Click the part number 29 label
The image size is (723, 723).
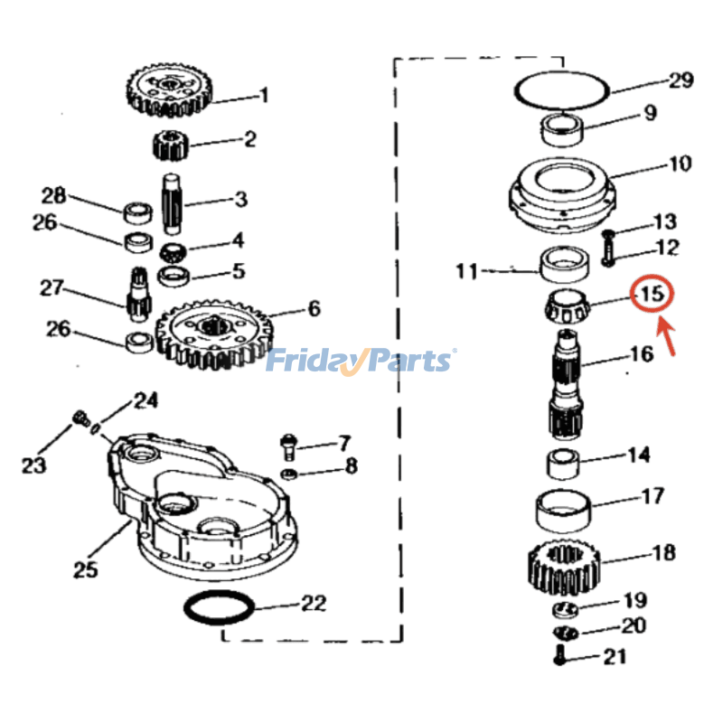tap(681, 81)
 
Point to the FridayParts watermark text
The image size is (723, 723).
tap(360, 361)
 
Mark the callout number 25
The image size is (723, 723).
tap(85, 569)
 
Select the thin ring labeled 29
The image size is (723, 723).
tap(560, 90)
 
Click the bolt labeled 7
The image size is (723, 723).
tap(286, 445)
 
